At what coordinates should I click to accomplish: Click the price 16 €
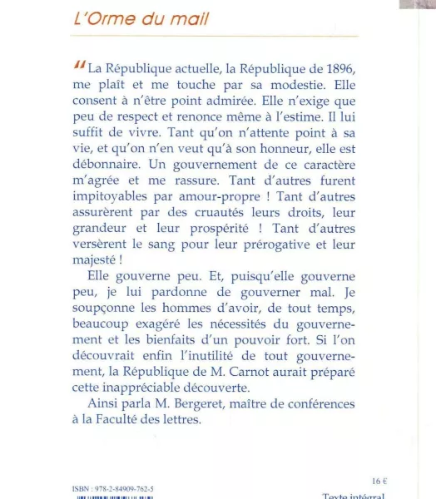coord(379,481)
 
